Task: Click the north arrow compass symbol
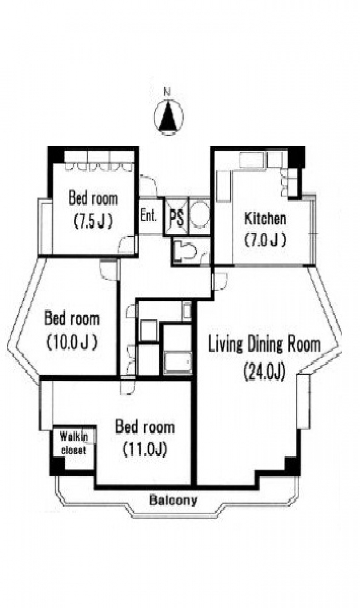coord(168,117)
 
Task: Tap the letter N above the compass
coord(168,93)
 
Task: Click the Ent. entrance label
coord(148,216)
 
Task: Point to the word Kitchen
coord(265,219)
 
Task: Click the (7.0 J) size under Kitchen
coord(265,240)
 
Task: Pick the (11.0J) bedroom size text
coord(144,450)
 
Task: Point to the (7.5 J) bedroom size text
coord(93,222)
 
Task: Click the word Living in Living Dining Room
coord(225,345)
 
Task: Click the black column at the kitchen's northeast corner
coord(296,157)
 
